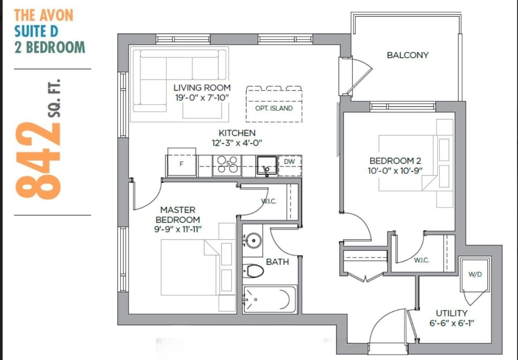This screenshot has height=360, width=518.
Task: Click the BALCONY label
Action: coord(408,55)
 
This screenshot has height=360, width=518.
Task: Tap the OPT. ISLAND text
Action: coord(274,108)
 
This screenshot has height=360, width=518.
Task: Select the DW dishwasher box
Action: coord(290,166)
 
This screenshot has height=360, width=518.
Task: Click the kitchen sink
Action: coord(267,166)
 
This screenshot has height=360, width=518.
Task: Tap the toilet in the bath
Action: coord(253,271)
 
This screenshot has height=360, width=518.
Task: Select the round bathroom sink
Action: coord(254,241)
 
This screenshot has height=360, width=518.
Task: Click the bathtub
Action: coord(270,299)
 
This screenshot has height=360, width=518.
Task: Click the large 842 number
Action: coord(38,161)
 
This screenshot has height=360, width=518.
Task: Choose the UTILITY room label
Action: coord(452,313)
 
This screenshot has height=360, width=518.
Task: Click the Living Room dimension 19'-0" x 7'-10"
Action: coord(202,98)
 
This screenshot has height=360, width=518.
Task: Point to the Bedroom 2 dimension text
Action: coord(395,171)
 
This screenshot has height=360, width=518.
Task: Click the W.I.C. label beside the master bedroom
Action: coord(269,201)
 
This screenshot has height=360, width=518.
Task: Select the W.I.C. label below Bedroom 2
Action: coord(422,260)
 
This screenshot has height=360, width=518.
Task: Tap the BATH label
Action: coord(278,262)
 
